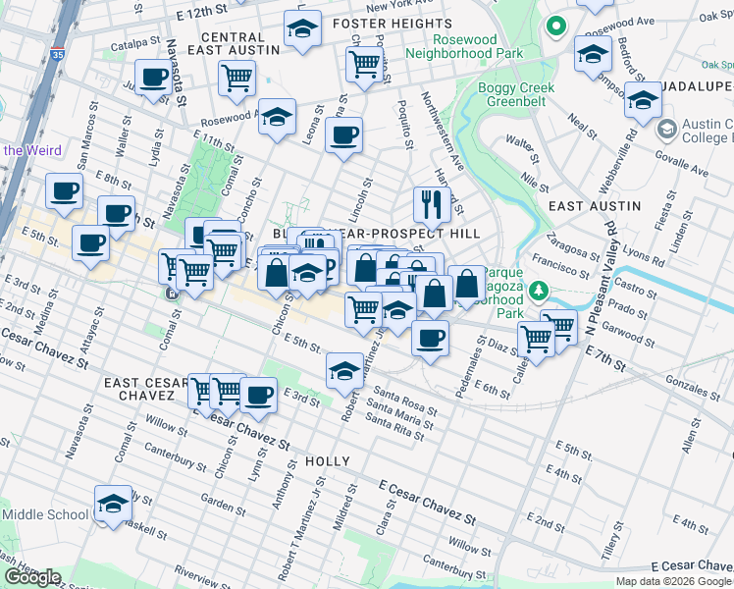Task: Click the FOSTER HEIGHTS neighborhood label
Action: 379,24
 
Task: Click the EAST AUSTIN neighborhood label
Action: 594,206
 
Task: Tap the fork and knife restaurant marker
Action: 431,204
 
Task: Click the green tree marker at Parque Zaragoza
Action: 538,292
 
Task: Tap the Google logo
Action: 32,577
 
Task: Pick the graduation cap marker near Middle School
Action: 113,503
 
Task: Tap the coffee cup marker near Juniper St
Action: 153,78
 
